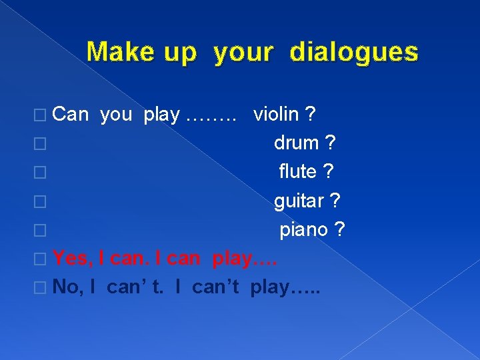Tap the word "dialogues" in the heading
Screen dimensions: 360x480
pos(354,52)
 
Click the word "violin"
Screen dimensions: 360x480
pos(276,115)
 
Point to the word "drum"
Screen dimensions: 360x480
pos(297,143)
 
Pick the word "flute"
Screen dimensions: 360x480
pos(297,171)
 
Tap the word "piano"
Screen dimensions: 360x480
pos(303,229)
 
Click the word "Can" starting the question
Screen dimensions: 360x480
pos(70,115)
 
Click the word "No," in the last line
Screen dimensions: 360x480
pos(67,287)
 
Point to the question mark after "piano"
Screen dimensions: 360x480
pos(339,229)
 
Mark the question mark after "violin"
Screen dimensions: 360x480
pos(310,115)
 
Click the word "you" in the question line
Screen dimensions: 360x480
pos(116,115)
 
